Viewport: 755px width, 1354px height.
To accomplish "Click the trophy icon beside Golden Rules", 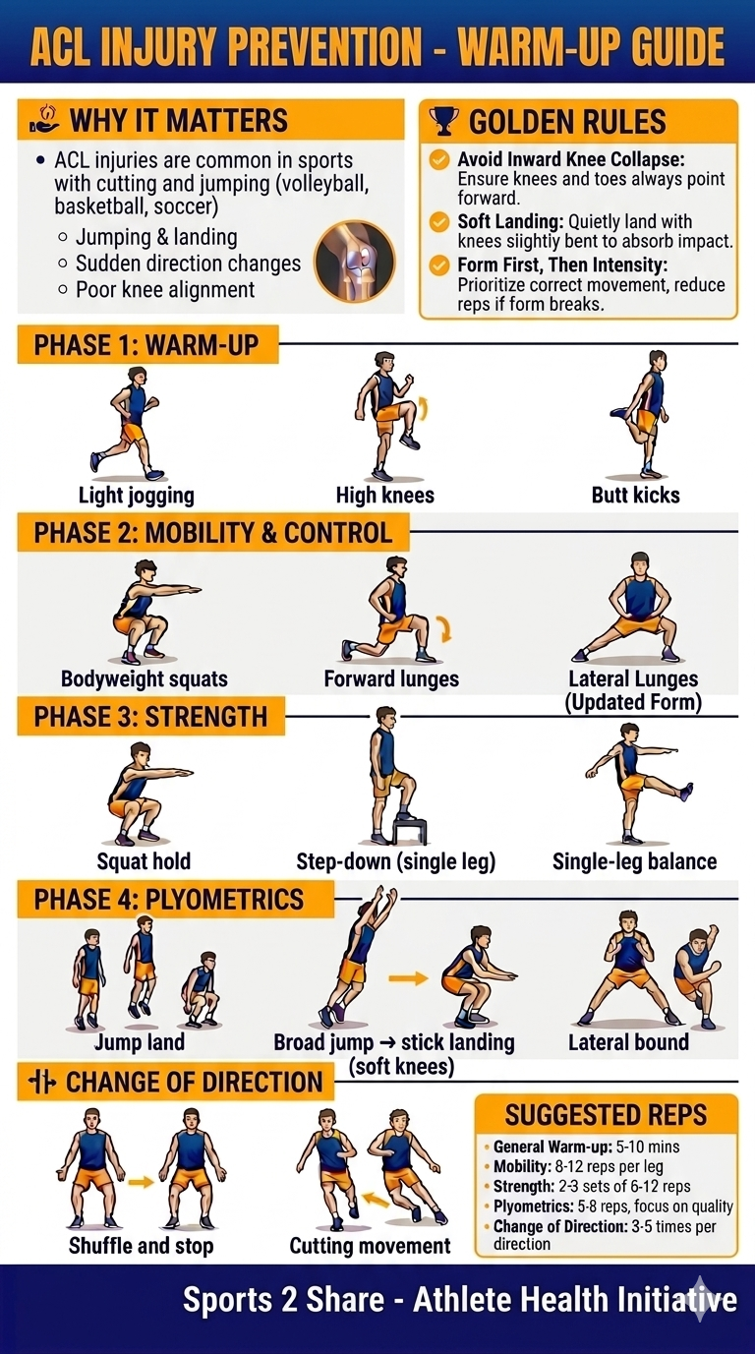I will pyautogui.click(x=444, y=122).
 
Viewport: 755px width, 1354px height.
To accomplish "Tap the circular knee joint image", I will pyautogui.click(x=354, y=261).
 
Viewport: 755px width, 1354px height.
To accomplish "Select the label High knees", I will pyautogui.click(x=384, y=495).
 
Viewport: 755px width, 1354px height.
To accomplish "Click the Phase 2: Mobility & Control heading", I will pyautogui.click(x=212, y=533).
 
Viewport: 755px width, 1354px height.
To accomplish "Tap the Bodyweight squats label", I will pyautogui.click(x=144, y=678).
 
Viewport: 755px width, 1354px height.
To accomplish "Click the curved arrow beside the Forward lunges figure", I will pyautogui.click(x=443, y=628).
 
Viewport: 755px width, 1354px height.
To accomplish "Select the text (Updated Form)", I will pyautogui.click(x=633, y=702).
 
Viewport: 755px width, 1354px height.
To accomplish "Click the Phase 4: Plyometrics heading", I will pyautogui.click(x=168, y=899).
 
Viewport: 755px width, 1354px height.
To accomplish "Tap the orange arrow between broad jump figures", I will pyautogui.click(x=408, y=977).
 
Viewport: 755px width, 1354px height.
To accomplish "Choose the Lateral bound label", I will pyautogui.click(x=628, y=1041).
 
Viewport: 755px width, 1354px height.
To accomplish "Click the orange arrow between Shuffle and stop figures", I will pyautogui.click(x=142, y=1181).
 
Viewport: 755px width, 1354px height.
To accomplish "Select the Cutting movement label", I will pyautogui.click(x=370, y=1246).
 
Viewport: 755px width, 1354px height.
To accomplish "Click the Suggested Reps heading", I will pyautogui.click(x=606, y=1114).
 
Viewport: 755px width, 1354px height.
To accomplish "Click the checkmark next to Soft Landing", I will pyautogui.click(x=439, y=222).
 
